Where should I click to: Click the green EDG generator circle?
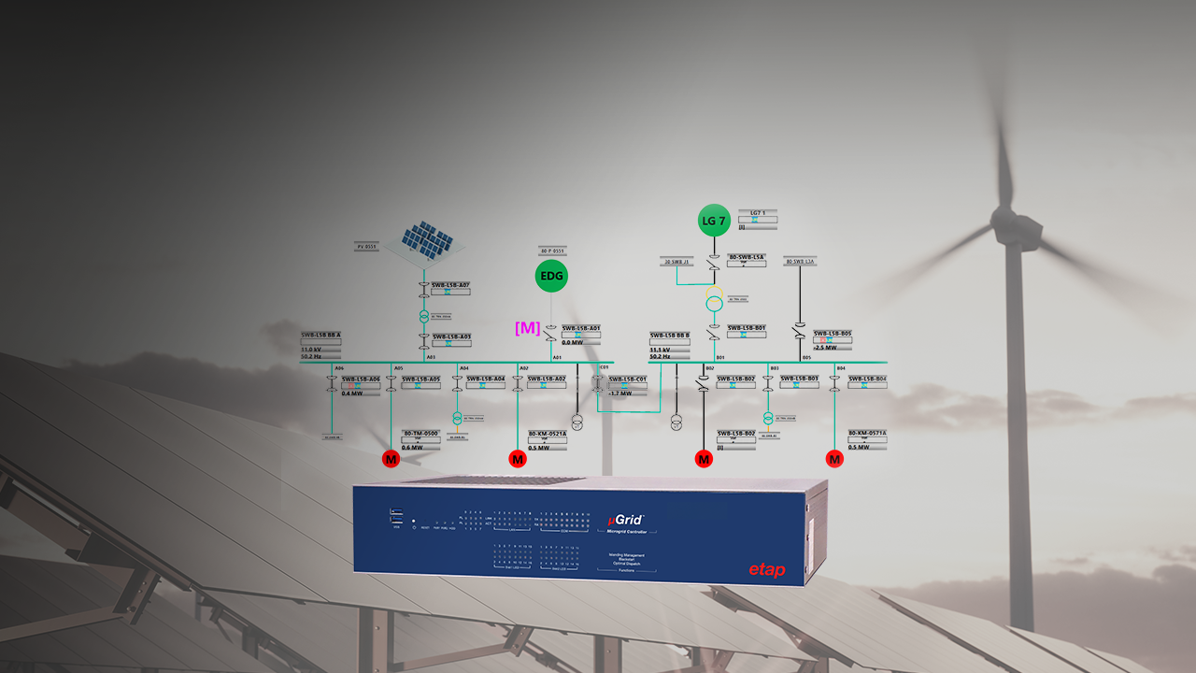tap(551, 276)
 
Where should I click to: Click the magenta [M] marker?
tap(528, 327)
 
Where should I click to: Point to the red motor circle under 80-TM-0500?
tap(391, 459)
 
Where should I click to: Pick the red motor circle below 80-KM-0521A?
tap(518, 459)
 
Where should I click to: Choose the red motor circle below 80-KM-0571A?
tap(834, 459)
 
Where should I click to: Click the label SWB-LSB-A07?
tap(450, 285)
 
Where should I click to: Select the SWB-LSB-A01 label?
tap(580, 328)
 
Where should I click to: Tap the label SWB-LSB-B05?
tap(832, 333)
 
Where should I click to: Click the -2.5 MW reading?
tap(825, 347)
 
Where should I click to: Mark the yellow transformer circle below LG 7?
tap(714, 303)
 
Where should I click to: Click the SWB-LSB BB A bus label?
tap(320, 335)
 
